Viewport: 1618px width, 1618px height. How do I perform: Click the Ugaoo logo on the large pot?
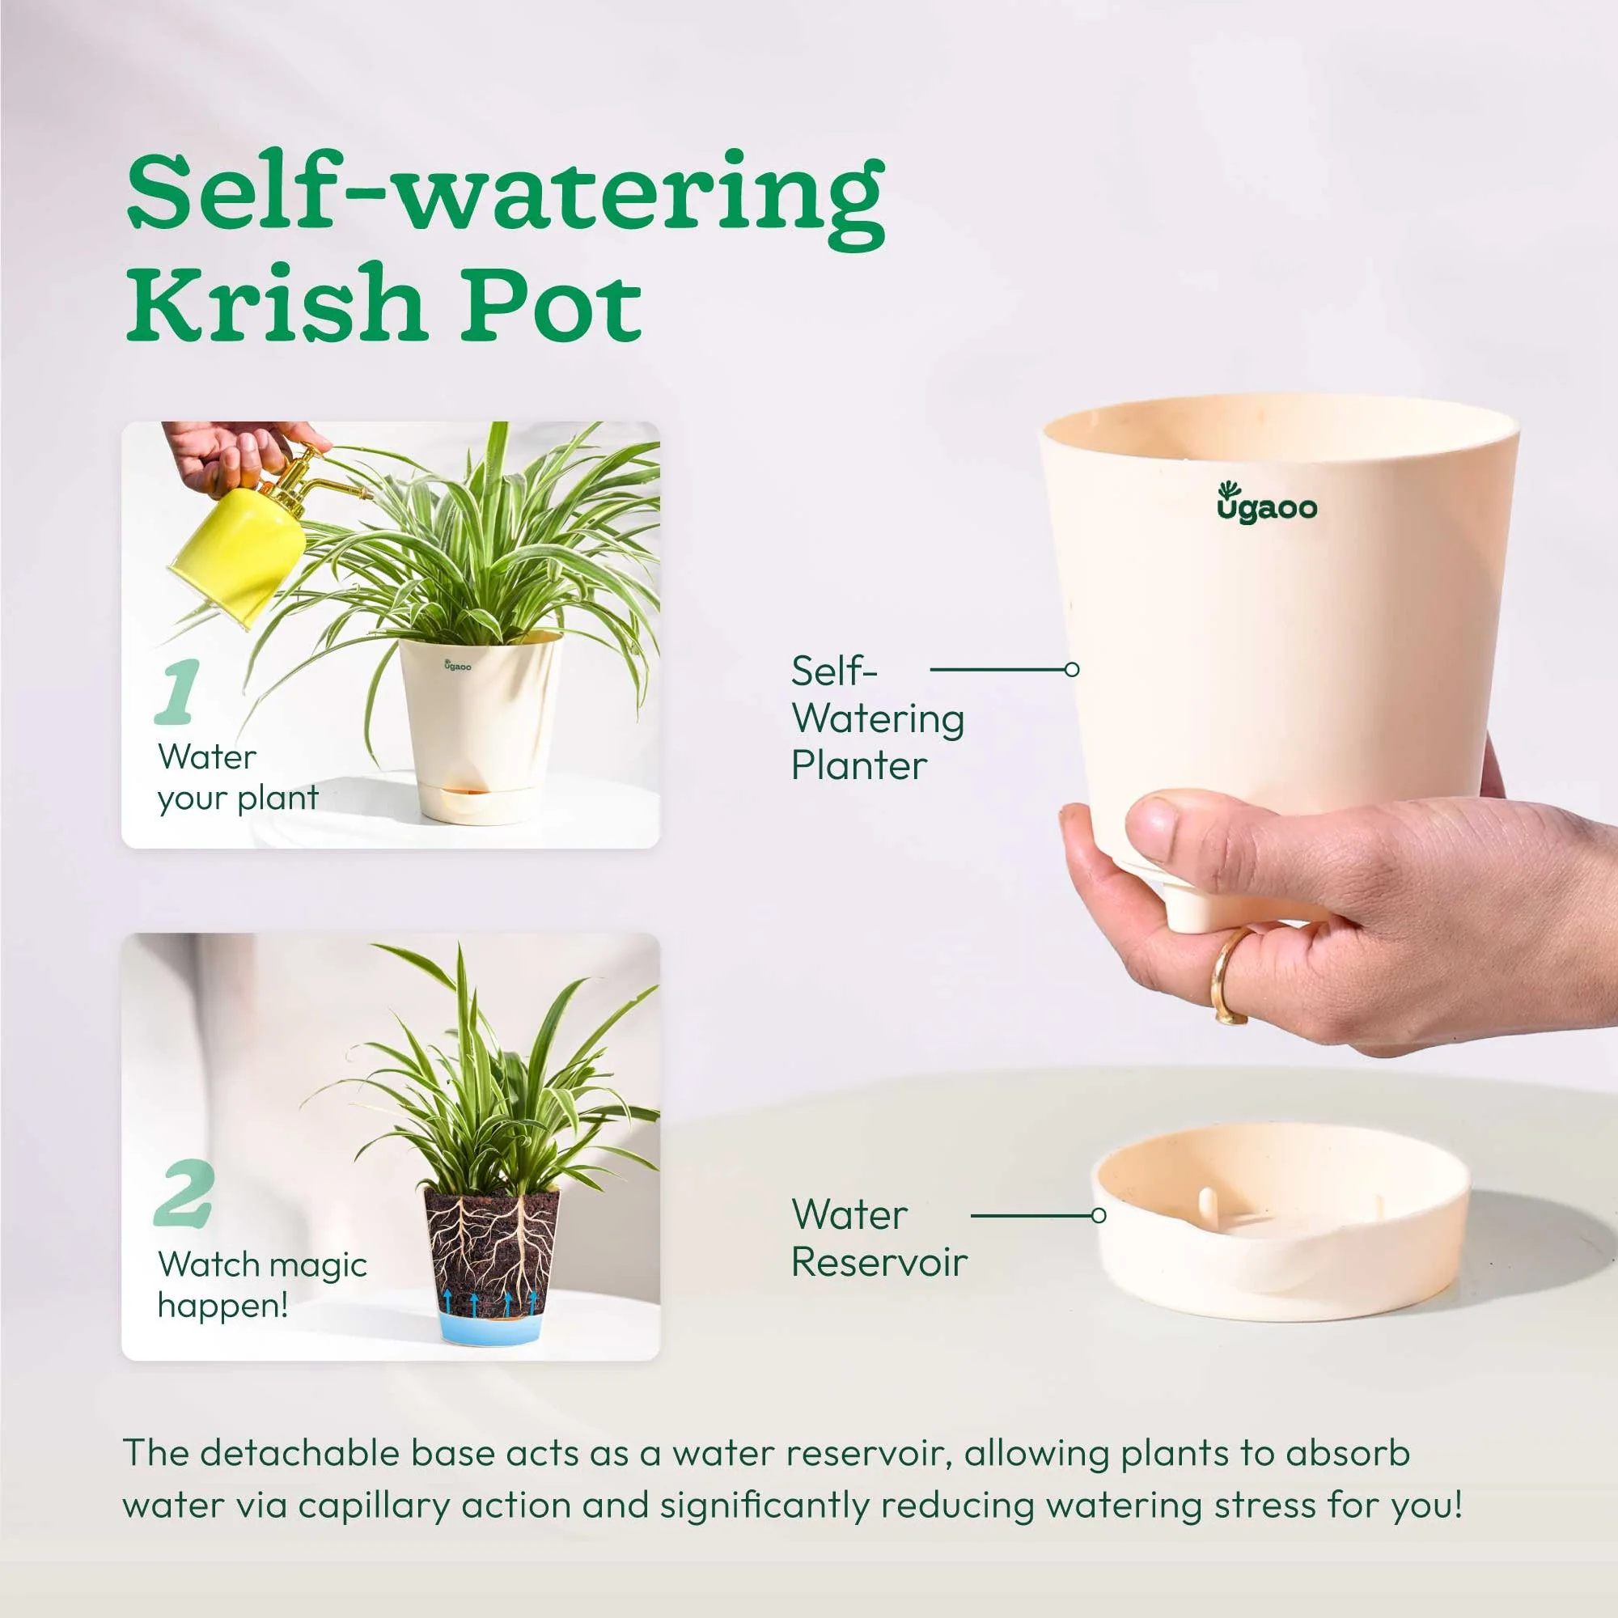click(1266, 503)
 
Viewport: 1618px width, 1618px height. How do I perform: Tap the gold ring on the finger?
click(1226, 976)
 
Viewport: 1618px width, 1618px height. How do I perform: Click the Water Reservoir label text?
click(878, 1238)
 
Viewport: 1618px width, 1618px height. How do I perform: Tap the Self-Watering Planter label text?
click(876, 718)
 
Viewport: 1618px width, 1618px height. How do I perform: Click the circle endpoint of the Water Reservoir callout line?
click(1099, 1215)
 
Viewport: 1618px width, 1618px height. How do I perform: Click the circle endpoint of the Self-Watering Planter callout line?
click(1071, 669)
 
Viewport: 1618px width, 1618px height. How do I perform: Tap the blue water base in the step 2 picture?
click(490, 1328)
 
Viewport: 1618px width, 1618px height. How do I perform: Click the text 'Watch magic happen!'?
click(261, 1285)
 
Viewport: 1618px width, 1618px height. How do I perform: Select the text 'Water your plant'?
click(238, 777)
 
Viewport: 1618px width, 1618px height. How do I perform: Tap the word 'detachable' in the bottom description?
click(302, 1453)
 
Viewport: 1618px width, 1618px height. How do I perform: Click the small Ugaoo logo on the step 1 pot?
click(457, 666)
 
